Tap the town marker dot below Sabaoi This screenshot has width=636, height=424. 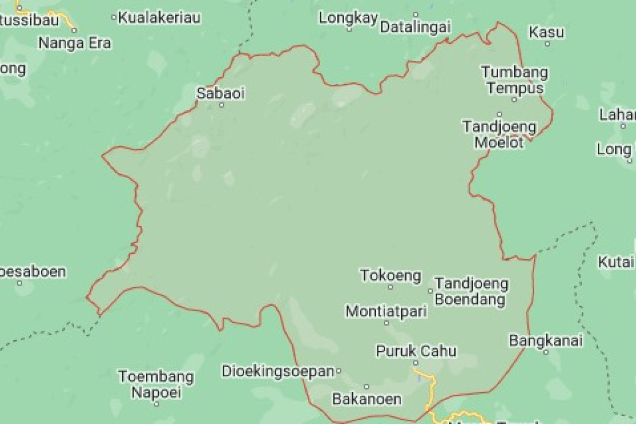tap(222, 105)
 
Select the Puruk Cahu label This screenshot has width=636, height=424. tap(416, 351)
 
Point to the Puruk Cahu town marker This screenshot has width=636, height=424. tap(416, 363)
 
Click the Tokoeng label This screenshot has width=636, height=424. tap(391, 276)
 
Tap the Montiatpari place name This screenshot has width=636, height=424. tap(386, 311)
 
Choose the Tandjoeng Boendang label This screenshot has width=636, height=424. tap(471, 292)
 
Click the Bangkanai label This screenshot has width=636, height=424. tap(546, 340)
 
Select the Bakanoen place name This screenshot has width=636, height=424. tap(366, 399)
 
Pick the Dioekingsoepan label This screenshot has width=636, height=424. tap(279, 370)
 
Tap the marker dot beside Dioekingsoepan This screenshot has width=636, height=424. tap(339, 370)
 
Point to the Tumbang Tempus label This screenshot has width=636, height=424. tap(514, 79)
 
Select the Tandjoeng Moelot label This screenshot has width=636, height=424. tap(499, 135)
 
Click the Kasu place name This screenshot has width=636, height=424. tap(546, 32)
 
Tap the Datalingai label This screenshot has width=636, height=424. tap(416, 25)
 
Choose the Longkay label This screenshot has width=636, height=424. tap(348, 18)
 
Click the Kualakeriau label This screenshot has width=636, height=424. tap(160, 18)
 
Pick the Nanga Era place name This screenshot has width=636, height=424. tap(75, 43)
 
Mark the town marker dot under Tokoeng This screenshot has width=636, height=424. tap(391, 287)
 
